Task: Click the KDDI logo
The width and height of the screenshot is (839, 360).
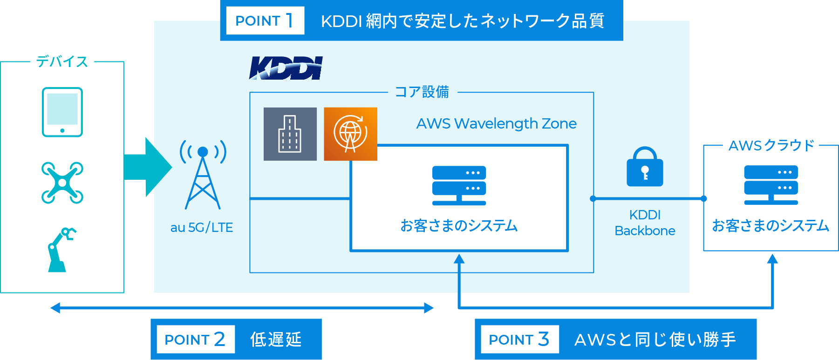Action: click(x=286, y=68)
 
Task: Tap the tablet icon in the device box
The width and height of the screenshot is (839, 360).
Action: click(x=62, y=112)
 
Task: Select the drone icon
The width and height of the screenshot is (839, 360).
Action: click(x=62, y=183)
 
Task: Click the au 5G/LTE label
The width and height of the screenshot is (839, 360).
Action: click(x=202, y=227)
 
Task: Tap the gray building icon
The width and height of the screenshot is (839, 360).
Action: click(x=290, y=134)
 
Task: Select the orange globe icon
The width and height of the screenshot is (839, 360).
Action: click(x=350, y=134)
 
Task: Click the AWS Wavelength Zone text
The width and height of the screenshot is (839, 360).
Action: click(x=496, y=123)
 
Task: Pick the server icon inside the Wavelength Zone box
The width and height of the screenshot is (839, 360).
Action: click(x=459, y=185)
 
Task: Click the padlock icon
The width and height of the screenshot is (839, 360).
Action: click(x=645, y=167)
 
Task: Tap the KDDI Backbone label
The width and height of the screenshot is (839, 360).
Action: click(x=645, y=223)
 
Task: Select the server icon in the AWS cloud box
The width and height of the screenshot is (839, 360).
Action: click(x=771, y=185)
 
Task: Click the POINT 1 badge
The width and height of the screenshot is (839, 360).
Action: click(x=265, y=20)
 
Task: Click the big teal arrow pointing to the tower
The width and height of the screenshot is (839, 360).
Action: click(x=148, y=167)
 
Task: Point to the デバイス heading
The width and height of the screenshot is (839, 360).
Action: click(x=62, y=61)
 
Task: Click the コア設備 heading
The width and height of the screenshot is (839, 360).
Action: click(x=422, y=92)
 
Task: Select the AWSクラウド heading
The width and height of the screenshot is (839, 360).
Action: click(x=771, y=145)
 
